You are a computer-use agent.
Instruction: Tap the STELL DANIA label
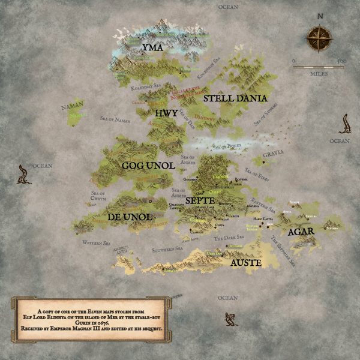tap(235, 98)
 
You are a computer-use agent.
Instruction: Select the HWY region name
tap(166, 113)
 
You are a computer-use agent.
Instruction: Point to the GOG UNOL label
tap(148, 165)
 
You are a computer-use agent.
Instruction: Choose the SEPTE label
tap(200, 200)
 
